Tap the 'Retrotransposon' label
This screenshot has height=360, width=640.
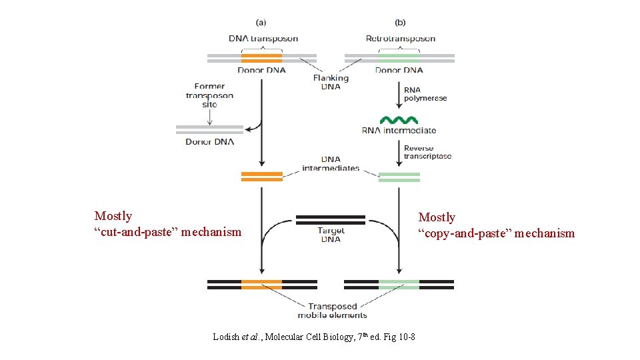coord(400,39)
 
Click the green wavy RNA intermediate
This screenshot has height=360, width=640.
coord(399,120)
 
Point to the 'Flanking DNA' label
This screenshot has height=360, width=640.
coord(331,82)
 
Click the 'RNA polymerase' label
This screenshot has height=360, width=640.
coord(425,94)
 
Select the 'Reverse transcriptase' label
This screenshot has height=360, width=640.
coord(427,153)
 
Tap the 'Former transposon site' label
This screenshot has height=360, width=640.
coord(209,95)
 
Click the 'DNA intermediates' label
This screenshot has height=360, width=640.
coord(331,163)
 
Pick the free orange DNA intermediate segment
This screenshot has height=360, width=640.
coord(261,177)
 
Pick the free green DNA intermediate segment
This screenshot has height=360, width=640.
coord(399,177)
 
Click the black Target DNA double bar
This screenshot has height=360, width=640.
coord(330,219)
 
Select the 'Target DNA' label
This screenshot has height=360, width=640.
coord(331,235)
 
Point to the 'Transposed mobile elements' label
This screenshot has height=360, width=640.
coord(331,311)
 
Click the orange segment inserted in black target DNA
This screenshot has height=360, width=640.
coord(261,284)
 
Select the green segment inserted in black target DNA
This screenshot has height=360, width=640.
coord(399,284)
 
